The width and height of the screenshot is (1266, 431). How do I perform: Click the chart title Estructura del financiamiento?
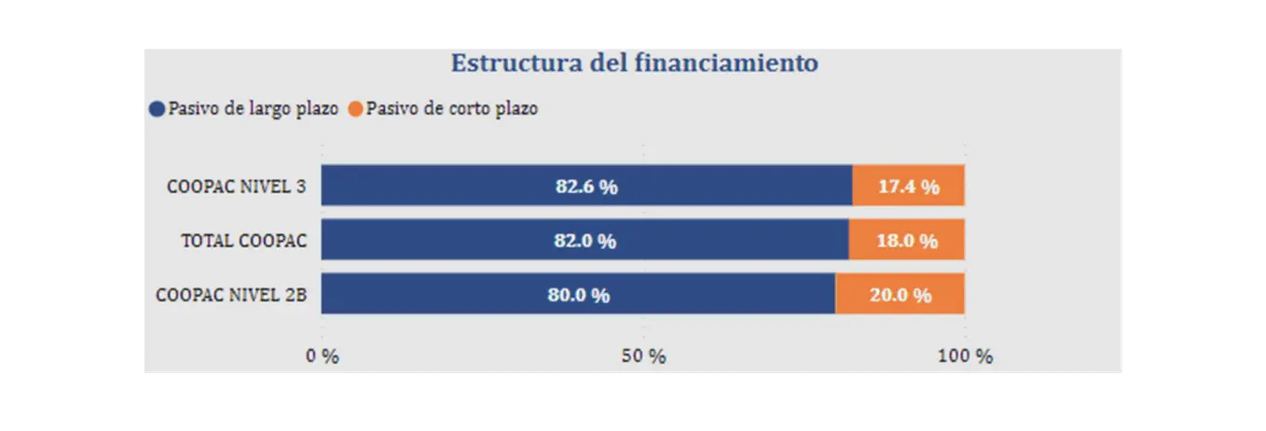[x=634, y=63]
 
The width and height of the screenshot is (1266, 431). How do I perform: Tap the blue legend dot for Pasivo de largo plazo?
[x=157, y=109]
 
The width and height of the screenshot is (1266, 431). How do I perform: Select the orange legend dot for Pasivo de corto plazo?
[x=354, y=109]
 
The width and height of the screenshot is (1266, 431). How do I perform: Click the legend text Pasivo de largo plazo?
[x=253, y=108]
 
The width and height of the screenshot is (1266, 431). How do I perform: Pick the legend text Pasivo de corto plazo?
[x=451, y=108]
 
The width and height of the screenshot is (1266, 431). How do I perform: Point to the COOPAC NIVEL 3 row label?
[x=236, y=187]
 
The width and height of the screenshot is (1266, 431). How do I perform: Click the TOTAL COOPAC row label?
[x=243, y=241]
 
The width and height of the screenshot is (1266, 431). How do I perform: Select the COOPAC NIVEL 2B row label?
[x=231, y=295]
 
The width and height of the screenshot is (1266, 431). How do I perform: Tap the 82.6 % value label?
[x=586, y=186]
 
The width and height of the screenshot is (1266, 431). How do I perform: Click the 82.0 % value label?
[x=585, y=241]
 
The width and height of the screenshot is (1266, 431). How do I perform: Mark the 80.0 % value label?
[x=578, y=295]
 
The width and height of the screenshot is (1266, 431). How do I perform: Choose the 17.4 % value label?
[x=908, y=186]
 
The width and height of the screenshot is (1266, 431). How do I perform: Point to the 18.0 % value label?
[x=906, y=241]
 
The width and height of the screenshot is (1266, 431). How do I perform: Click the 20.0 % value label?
[x=900, y=295]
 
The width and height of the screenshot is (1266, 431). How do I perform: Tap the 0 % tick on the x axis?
[x=323, y=356]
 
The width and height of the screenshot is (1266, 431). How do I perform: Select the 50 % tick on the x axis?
[x=644, y=356]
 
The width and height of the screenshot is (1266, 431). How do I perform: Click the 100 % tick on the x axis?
[x=965, y=356]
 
